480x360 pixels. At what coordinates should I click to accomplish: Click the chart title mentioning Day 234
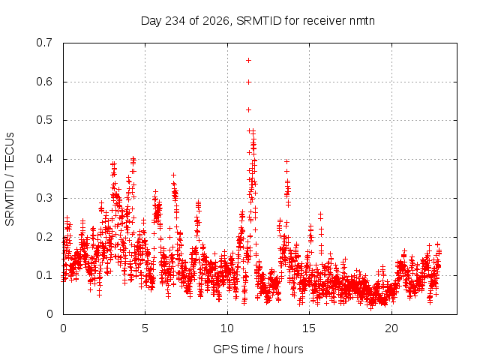[x=258, y=21]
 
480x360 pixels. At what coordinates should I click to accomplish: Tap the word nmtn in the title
[x=361, y=21]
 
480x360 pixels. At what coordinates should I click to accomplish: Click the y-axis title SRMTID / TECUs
[x=10, y=179]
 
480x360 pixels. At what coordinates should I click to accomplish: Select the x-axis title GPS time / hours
[x=258, y=349]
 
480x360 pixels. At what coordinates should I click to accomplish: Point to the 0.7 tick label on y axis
[x=44, y=43]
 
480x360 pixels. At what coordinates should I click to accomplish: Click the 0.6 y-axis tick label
[x=44, y=82]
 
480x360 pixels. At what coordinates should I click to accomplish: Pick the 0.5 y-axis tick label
[x=44, y=120]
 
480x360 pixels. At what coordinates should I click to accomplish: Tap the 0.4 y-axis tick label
[x=44, y=159]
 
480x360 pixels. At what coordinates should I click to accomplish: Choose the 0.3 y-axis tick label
[x=44, y=198]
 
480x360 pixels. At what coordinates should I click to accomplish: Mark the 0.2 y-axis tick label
[x=44, y=237]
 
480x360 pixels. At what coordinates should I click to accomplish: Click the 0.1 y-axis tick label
[x=44, y=275]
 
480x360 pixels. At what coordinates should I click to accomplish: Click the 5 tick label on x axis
[x=145, y=328]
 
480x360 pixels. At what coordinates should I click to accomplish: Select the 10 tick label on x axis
[x=227, y=328]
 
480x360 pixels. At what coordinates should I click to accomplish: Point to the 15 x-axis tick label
[x=309, y=328]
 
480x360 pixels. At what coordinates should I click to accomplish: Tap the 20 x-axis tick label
[x=391, y=328]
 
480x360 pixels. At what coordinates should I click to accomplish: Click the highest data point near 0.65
[x=248, y=60]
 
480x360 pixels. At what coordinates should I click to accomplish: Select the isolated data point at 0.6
[x=248, y=82]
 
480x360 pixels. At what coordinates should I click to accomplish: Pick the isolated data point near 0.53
[x=248, y=109]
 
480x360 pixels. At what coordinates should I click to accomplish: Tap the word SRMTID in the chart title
[x=259, y=21]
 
